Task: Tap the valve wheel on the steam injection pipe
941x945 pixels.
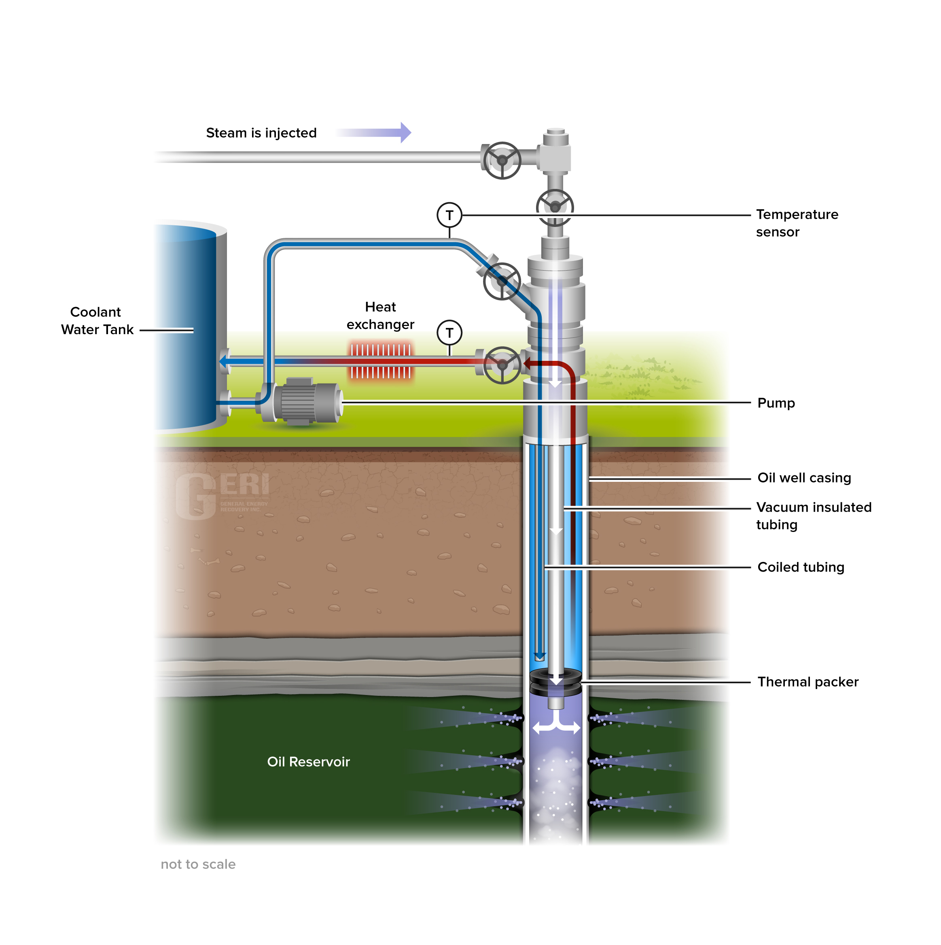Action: coord(502,161)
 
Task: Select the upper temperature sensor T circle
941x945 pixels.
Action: coord(449,215)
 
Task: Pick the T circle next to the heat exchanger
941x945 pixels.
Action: coord(449,333)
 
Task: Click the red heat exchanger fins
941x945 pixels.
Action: coord(381,362)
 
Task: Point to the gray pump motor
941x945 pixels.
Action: coord(306,401)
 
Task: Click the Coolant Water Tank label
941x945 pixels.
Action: coord(97,321)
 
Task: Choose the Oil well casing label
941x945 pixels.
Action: coord(804,478)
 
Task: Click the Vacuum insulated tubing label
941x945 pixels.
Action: coord(813,515)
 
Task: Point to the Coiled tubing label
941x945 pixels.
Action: coord(801,568)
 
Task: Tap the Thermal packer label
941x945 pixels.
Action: coord(807,682)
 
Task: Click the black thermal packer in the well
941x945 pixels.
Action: coord(555,681)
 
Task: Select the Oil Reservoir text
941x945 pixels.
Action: coord(308,762)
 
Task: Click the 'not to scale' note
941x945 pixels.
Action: coord(198,864)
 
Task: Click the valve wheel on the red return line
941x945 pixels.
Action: coord(502,365)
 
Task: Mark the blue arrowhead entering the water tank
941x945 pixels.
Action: coord(223,362)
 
